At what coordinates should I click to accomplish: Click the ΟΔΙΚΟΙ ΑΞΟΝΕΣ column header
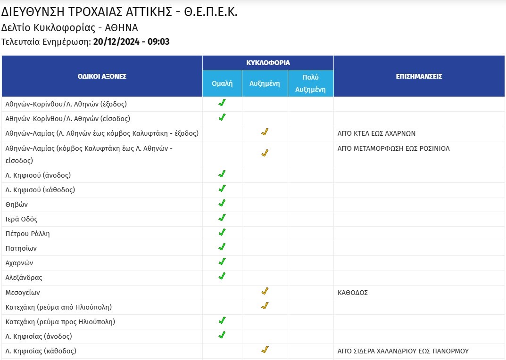(x=102, y=76)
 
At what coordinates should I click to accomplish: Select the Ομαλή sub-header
(x=222, y=83)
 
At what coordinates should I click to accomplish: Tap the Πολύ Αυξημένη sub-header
(x=310, y=83)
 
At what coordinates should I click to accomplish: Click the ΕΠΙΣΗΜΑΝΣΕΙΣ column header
(x=419, y=76)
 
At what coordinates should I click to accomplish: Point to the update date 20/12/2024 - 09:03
(x=132, y=41)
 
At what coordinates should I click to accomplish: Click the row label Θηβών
(x=17, y=205)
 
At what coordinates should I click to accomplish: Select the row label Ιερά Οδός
(x=21, y=219)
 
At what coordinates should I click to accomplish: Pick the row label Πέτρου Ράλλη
(x=27, y=234)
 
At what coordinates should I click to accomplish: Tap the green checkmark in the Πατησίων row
(x=222, y=247)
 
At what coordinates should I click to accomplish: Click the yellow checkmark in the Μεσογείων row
(x=265, y=291)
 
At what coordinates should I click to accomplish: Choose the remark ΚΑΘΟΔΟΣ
(x=353, y=293)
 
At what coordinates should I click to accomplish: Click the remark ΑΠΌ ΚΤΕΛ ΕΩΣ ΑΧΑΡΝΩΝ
(x=376, y=133)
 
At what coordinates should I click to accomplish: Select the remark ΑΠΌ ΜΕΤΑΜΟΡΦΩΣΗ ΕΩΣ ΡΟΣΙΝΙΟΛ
(x=393, y=148)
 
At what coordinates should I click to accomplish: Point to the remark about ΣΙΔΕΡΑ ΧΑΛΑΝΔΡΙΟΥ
(x=403, y=351)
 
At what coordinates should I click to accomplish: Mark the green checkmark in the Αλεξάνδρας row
(x=222, y=276)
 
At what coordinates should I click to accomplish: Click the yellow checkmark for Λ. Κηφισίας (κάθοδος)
(x=265, y=350)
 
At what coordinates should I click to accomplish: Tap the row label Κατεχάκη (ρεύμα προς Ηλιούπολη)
(x=60, y=322)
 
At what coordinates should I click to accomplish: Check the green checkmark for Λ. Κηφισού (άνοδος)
(x=222, y=174)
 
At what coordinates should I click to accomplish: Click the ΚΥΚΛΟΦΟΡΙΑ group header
(x=268, y=63)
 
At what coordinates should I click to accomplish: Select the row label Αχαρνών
(x=19, y=263)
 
